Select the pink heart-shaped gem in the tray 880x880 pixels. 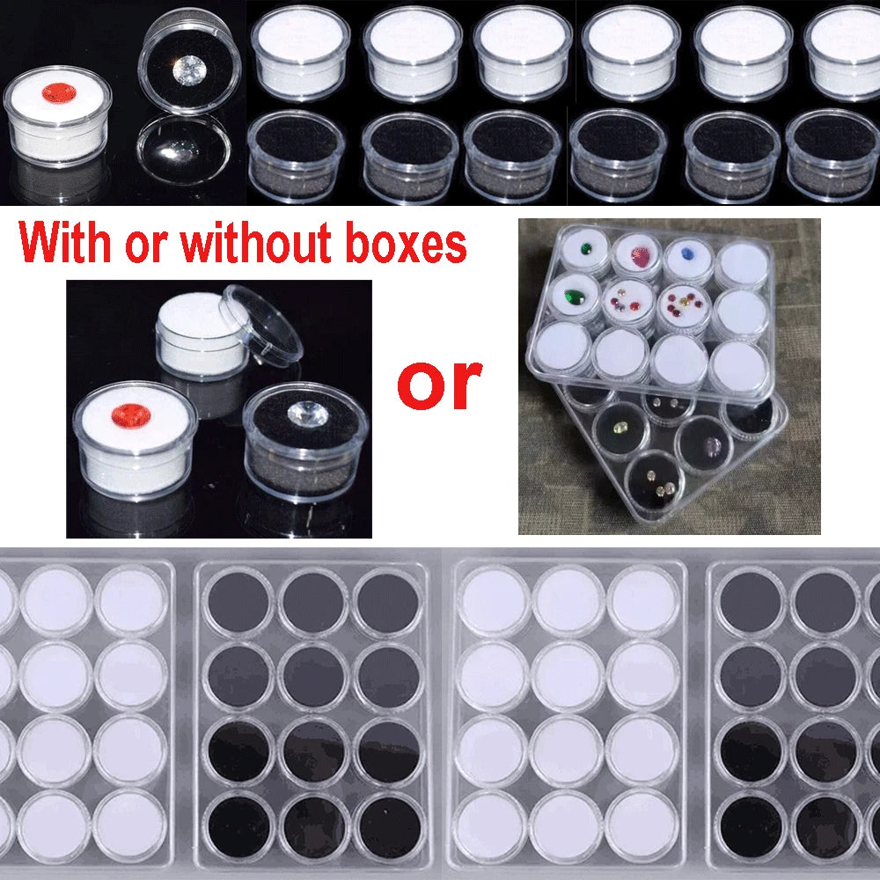click(x=637, y=257)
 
